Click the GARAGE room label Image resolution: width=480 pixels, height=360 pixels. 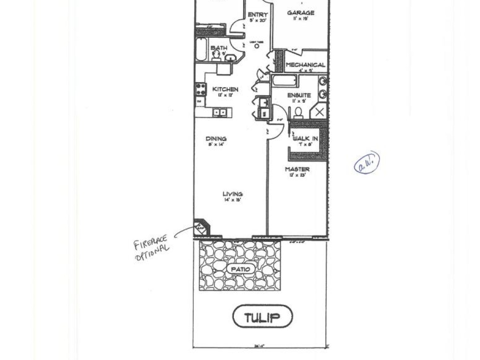[x=300, y=13]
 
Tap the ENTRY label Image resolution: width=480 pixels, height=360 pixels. [x=257, y=15]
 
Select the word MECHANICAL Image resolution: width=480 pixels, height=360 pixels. [x=305, y=65]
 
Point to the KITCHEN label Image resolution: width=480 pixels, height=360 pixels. [x=225, y=89]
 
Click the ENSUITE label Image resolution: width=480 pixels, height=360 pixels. [x=299, y=95]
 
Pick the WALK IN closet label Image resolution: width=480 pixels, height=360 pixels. [x=305, y=138]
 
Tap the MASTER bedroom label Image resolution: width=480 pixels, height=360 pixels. [x=297, y=169]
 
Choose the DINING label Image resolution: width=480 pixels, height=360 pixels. [x=216, y=139]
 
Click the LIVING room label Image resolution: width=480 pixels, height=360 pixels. [x=232, y=194]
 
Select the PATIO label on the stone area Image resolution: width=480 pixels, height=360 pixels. [x=240, y=269]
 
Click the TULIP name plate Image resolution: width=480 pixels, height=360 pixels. [x=262, y=317]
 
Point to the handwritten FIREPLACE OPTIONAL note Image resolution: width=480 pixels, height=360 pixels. [x=151, y=248]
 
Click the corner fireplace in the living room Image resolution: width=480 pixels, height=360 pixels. [x=200, y=228]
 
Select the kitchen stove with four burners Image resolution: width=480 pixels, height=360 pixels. [x=200, y=89]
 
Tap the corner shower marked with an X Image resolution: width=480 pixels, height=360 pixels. [x=319, y=112]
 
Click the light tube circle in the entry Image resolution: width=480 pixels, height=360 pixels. [x=257, y=45]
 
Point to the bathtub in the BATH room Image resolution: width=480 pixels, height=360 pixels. [x=201, y=49]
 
